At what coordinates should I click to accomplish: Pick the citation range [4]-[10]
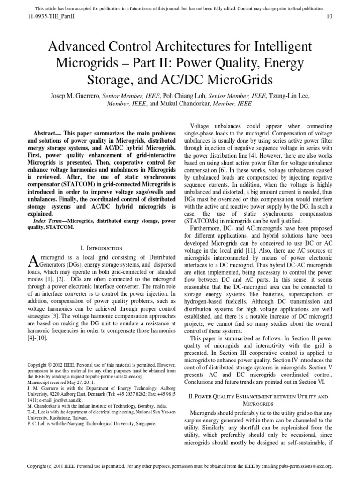[39, 337]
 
